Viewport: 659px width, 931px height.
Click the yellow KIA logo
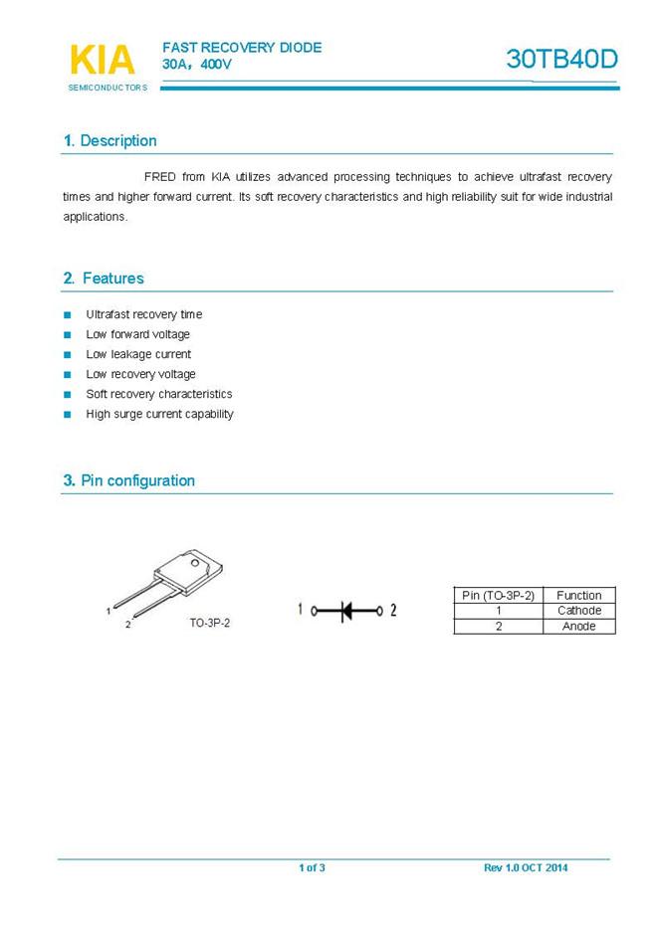click(x=103, y=60)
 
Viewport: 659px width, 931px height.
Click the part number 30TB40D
click(x=561, y=59)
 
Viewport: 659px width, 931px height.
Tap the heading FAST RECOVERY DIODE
click(x=242, y=48)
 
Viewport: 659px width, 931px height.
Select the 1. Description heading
click(x=110, y=141)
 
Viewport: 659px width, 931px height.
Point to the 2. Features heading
click(x=104, y=279)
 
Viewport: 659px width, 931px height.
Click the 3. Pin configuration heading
click(x=128, y=480)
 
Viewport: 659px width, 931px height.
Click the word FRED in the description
click(x=160, y=177)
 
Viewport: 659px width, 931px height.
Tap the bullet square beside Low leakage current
click(x=68, y=354)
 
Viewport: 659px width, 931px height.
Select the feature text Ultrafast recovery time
click(x=143, y=314)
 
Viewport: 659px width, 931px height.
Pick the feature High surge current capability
click(x=159, y=414)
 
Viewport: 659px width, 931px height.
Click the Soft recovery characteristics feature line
click(x=158, y=394)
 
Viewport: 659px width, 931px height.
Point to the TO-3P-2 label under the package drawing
click(x=210, y=623)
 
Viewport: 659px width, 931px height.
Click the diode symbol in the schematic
click(x=347, y=610)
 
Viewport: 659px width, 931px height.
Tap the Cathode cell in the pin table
click(x=578, y=611)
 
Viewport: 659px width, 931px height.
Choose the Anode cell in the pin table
click(x=578, y=627)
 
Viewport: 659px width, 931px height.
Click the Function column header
click(x=578, y=595)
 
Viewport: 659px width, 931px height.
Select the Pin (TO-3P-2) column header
click(x=499, y=595)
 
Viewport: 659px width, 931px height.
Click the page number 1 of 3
click(x=312, y=868)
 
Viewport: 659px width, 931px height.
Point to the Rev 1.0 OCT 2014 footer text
click(x=526, y=868)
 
